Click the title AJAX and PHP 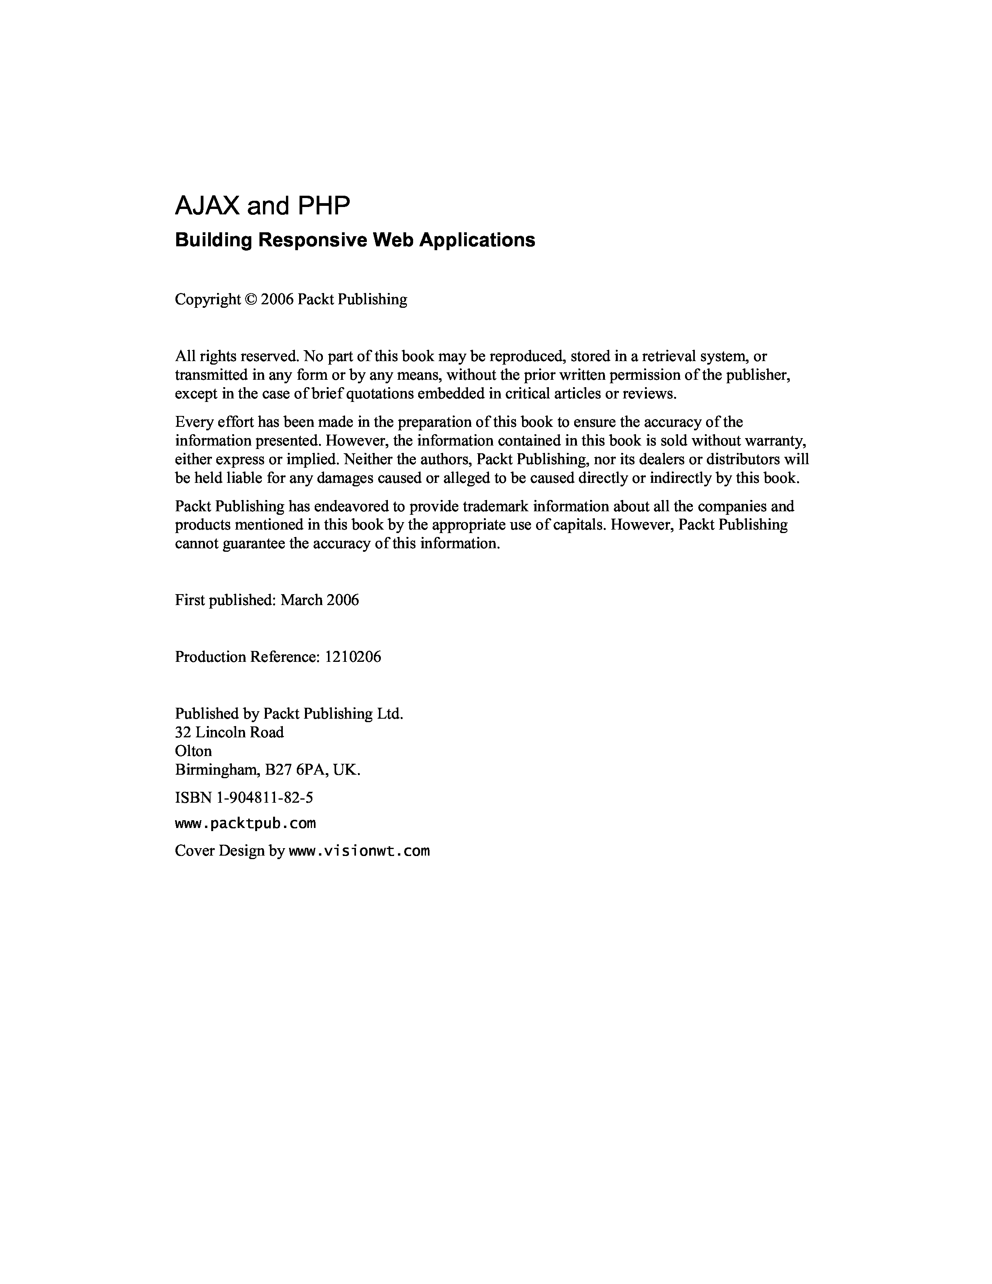[262, 206]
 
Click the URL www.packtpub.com [245, 823]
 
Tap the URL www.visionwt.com [359, 851]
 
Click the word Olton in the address [193, 751]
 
